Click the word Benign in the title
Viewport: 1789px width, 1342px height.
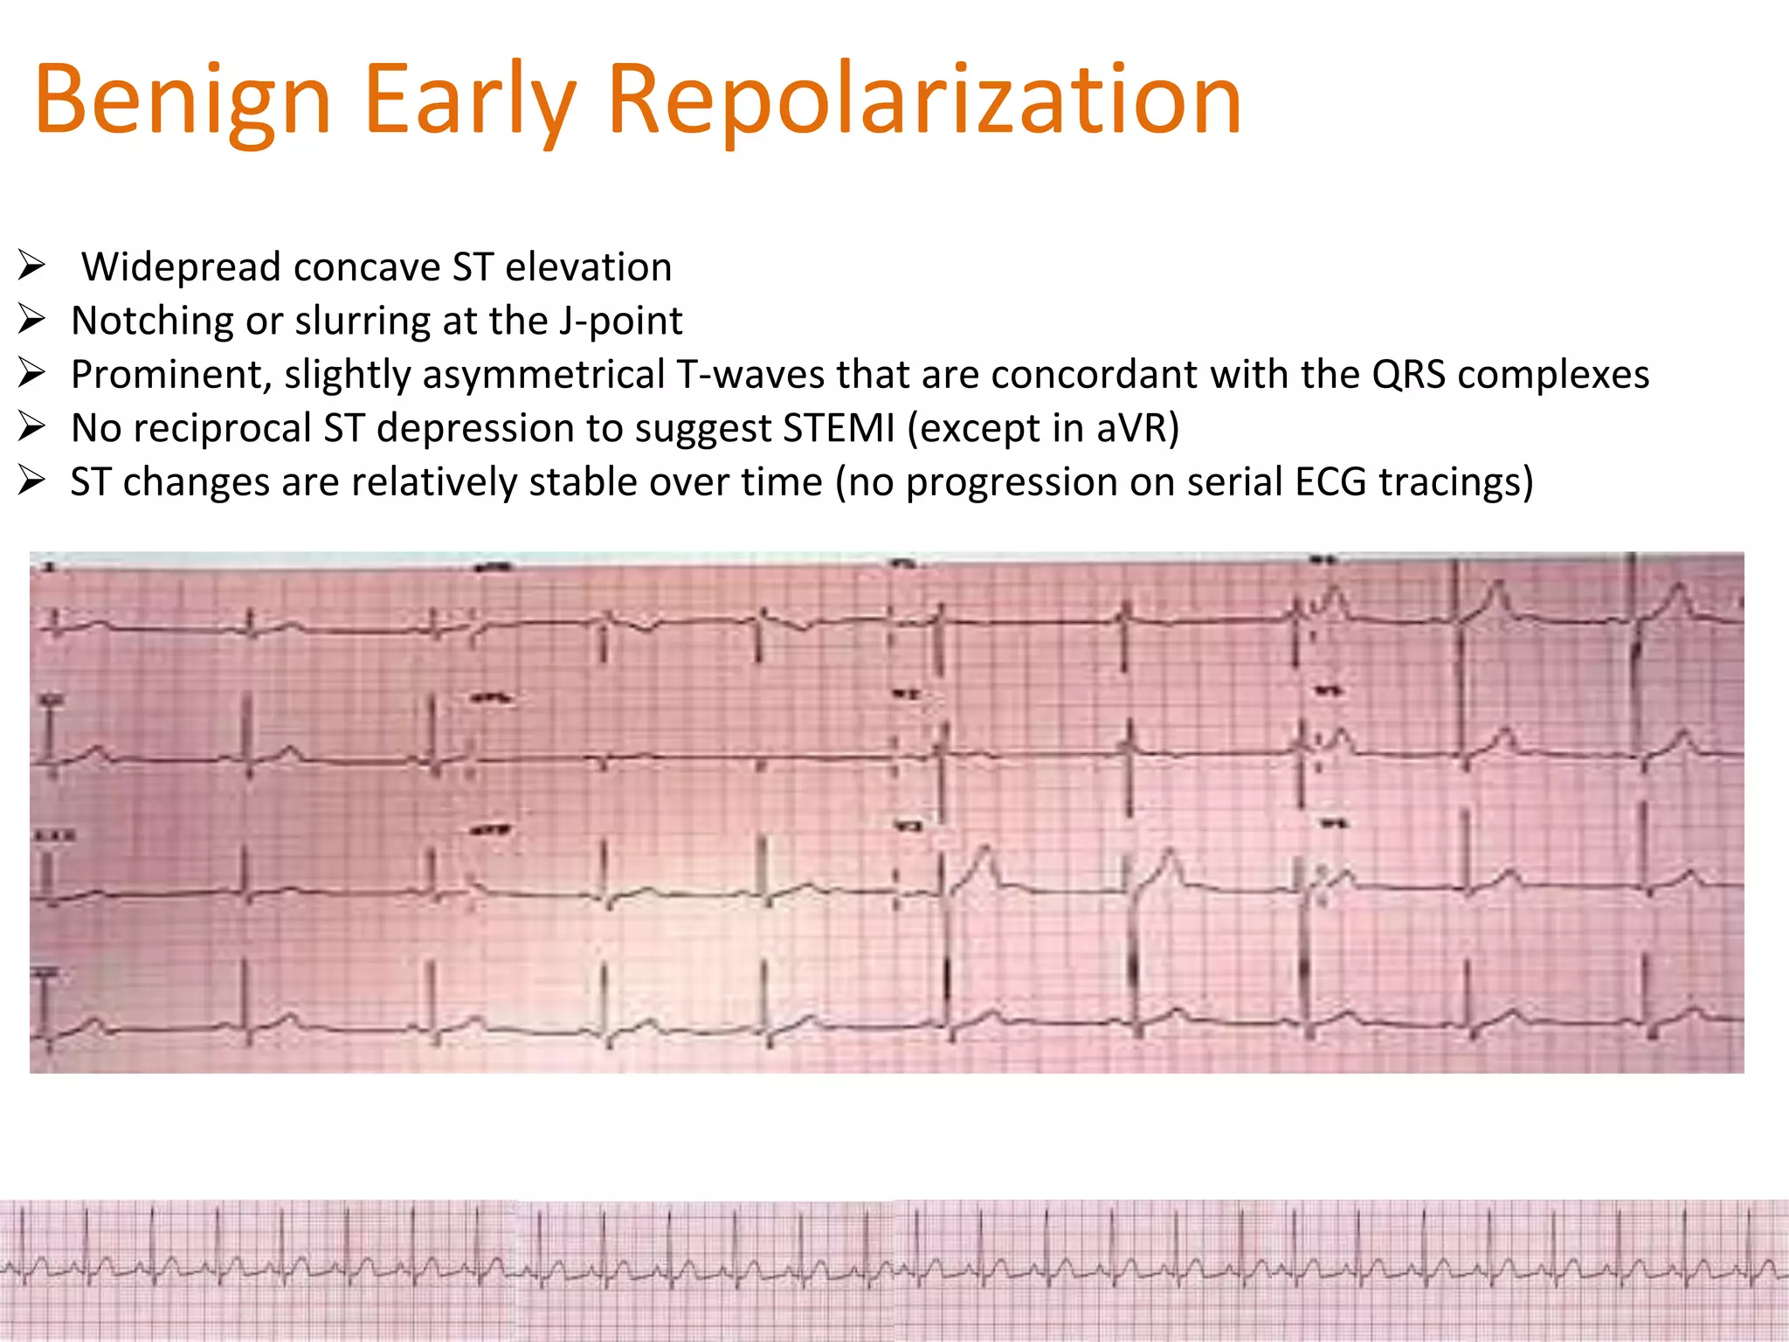(x=182, y=100)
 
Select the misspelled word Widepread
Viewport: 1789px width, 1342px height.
(x=181, y=267)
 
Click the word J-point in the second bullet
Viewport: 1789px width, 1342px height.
(x=620, y=321)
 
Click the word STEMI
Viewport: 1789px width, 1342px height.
(x=839, y=429)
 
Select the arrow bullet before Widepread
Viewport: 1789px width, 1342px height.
(x=31, y=265)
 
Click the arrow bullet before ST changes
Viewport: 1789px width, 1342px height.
(x=31, y=481)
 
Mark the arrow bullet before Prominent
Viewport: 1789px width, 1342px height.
(x=31, y=373)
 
